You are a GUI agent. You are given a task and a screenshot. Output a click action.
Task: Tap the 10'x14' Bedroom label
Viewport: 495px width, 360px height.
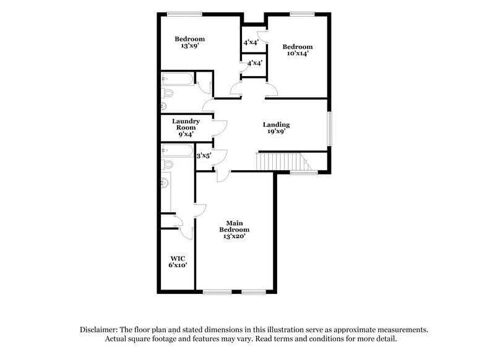tap(297, 50)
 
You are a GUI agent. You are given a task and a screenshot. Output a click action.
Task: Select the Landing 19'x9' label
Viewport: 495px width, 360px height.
tap(276, 128)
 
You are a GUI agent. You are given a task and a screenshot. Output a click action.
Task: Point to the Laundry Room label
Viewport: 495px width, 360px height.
tap(186, 127)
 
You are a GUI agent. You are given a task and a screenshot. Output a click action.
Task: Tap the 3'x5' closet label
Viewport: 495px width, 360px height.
tap(203, 156)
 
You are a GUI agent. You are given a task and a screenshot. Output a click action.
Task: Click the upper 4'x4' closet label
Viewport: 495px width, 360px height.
tap(251, 43)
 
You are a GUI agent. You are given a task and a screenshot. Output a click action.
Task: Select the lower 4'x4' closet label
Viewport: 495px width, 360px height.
tap(254, 63)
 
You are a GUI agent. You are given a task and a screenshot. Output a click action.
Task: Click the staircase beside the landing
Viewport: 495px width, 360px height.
tap(282, 162)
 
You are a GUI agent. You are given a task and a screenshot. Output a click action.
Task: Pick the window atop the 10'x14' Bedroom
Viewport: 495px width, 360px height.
tap(301, 14)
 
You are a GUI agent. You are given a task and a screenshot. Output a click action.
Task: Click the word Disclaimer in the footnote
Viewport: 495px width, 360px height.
tap(100, 330)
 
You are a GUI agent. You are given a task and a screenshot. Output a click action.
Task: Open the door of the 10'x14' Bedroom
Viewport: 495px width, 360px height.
tap(271, 91)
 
